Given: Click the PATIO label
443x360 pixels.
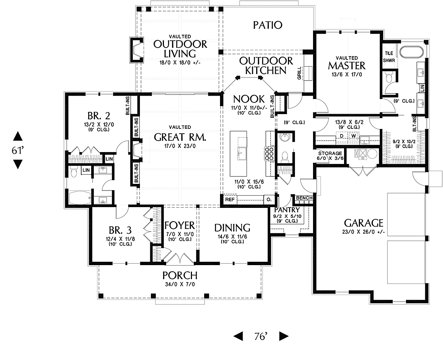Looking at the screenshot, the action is [x=268, y=25].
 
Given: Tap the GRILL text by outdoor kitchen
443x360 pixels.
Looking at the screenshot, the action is [x=299, y=73].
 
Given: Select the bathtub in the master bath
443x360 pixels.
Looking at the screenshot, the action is [x=412, y=52].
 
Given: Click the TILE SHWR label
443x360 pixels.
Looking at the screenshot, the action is [x=389, y=57].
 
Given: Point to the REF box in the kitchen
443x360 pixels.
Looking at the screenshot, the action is [x=230, y=199].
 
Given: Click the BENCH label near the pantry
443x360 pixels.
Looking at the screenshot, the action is [x=304, y=198].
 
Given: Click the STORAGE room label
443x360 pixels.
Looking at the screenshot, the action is [x=330, y=153].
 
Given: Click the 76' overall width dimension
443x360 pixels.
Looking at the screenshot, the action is [x=261, y=336].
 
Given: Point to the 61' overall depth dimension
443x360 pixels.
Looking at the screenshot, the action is [x=17, y=150].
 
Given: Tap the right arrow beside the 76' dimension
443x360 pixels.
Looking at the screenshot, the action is [x=284, y=336].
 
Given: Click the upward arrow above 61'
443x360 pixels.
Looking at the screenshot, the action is [x=18, y=136].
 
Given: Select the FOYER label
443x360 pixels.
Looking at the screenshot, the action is [x=179, y=225].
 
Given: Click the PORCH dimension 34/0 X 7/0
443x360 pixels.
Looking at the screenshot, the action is [x=180, y=284].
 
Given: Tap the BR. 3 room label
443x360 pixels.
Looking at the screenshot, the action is [x=120, y=230].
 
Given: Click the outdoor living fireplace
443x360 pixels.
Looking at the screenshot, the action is [x=137, y=50].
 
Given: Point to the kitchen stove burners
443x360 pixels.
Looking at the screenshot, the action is [x=269, y=154].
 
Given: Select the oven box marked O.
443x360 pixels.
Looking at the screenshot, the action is [x=269, y=199].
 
